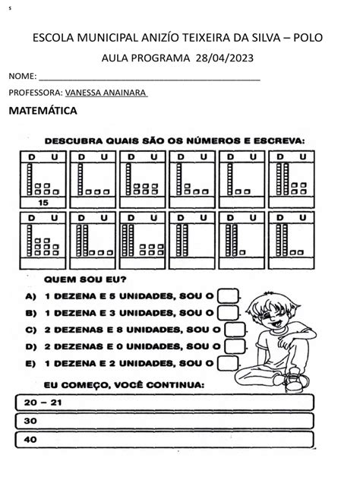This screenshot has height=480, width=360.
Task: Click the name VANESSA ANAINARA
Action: [106, 93]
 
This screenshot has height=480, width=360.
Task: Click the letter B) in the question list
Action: [30, 311]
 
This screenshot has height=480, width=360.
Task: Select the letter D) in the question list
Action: [30, 346]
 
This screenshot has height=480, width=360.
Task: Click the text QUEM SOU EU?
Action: [74, 278]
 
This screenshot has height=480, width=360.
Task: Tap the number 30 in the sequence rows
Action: [31, 420]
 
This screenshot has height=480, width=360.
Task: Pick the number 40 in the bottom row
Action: [31, 439]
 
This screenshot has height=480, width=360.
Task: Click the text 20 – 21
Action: [43, 402]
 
